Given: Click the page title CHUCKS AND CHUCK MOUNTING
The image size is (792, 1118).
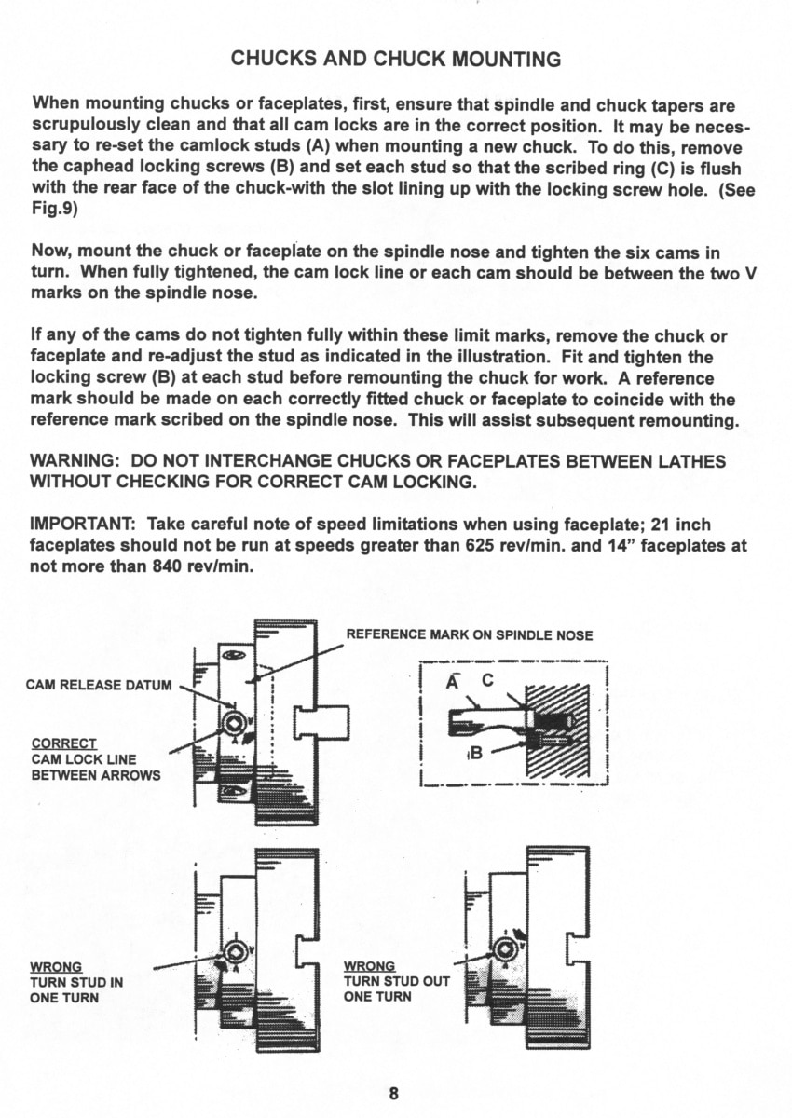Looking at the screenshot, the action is click(x=396, y=59).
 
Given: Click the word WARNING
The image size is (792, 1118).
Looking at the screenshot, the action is click(x=74, y=460).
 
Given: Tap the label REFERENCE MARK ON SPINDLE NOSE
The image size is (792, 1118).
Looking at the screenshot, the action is click(x=470, y=635).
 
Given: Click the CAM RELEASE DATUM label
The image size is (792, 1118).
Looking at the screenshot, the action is click(x=99, y=686).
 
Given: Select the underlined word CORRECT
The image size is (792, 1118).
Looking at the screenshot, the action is click(x=64, y=744).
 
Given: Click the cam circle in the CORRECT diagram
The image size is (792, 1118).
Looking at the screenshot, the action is click(x=234, y=723).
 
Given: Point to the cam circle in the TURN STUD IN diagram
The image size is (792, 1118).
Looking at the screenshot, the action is click(x=234, y=953).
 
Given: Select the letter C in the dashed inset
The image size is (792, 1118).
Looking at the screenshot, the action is click(x=487, y=680).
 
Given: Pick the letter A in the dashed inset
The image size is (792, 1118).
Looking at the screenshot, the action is click(x=452, y=682).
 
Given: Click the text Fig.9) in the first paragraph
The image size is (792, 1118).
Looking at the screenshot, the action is click(x=55, y=211).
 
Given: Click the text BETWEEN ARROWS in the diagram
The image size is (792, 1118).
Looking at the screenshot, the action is click(x=96, y=775).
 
